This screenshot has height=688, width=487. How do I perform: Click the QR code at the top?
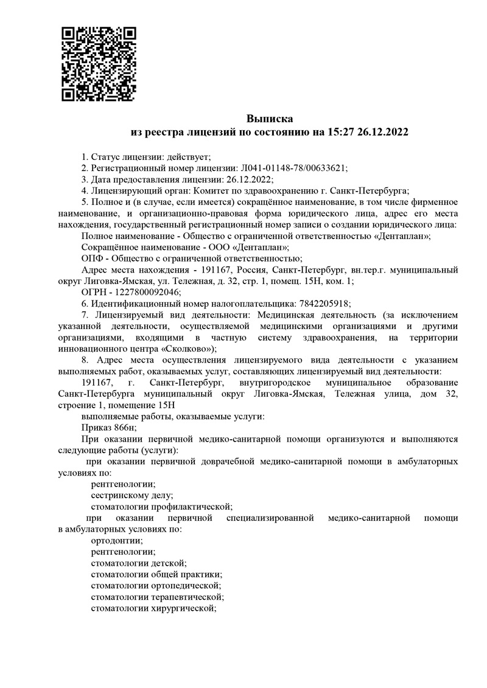[99, 63]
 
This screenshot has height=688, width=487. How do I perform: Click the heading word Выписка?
[270, 118]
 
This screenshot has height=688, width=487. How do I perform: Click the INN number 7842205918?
[323, 304]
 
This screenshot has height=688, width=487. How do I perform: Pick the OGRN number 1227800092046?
[146, 292]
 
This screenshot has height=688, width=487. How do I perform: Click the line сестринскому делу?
[131, 495]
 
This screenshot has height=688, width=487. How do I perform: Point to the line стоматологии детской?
[138, 563]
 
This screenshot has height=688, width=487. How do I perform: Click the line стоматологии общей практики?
[155, 574]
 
